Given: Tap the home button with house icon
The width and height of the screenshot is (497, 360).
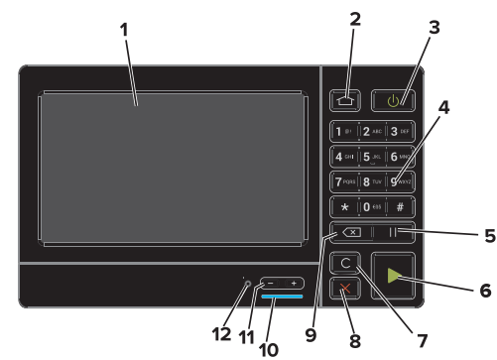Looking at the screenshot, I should [343, 99].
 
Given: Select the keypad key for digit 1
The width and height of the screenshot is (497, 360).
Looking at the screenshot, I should [342, 131].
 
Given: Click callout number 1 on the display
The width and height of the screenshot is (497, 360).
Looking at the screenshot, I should [124, 29].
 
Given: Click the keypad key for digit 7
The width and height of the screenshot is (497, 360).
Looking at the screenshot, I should [342, 182].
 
